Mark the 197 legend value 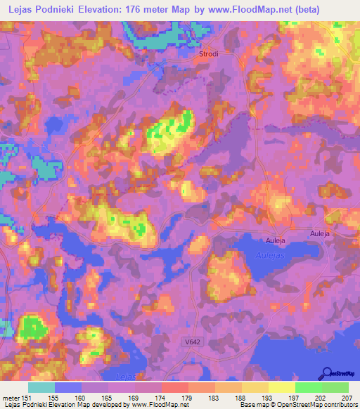point(295,398)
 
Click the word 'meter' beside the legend point(11,398)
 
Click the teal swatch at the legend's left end point(41,387)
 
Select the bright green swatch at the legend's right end point(335,387)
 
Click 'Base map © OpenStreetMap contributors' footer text point(296,405)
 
